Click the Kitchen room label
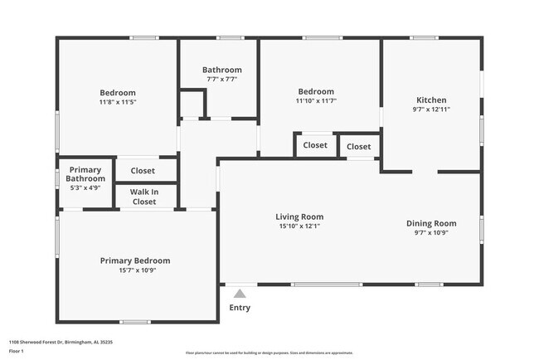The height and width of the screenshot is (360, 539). tap(430, 100)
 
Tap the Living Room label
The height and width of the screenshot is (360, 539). tap(299, 216)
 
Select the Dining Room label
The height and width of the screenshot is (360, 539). tap(430, 222)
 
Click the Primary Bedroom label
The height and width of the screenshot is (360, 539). tap(135, 260)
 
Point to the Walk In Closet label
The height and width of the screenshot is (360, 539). tap(144, 197)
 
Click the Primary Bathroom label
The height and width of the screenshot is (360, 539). tap(86, 173)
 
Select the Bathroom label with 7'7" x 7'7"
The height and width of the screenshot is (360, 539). tap(221, 70)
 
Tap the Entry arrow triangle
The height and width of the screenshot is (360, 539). tap(240, 293)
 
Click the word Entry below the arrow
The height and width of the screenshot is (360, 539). tap(240, 309)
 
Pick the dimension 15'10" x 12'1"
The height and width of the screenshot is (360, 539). tap(299, 226)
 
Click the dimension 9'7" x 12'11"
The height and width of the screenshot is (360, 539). tap(430, 109)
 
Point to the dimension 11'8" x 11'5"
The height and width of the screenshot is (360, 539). tap(118, 102)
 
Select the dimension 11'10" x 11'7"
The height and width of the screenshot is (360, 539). tap(316, 101)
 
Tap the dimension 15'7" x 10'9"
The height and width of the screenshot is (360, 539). tap(135, 270)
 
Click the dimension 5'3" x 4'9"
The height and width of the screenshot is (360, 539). tap(86, 187)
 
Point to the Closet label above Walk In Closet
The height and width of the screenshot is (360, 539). tap(143, 171)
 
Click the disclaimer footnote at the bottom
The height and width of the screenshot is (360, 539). tap(269, 353)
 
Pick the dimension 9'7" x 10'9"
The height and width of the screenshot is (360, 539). tap(430, 232)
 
